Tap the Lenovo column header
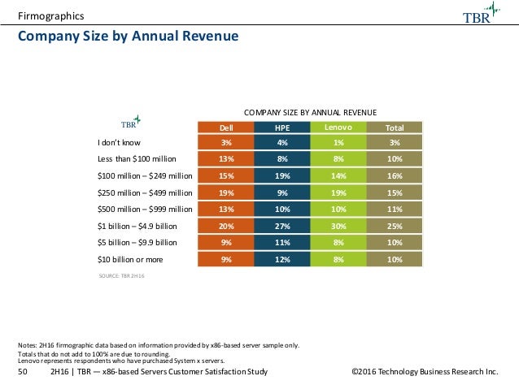338,127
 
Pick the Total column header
395,127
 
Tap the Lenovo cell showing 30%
338,226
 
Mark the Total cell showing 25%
395,226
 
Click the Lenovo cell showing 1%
338,142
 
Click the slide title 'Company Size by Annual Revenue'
128,37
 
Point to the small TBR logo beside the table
132,122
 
